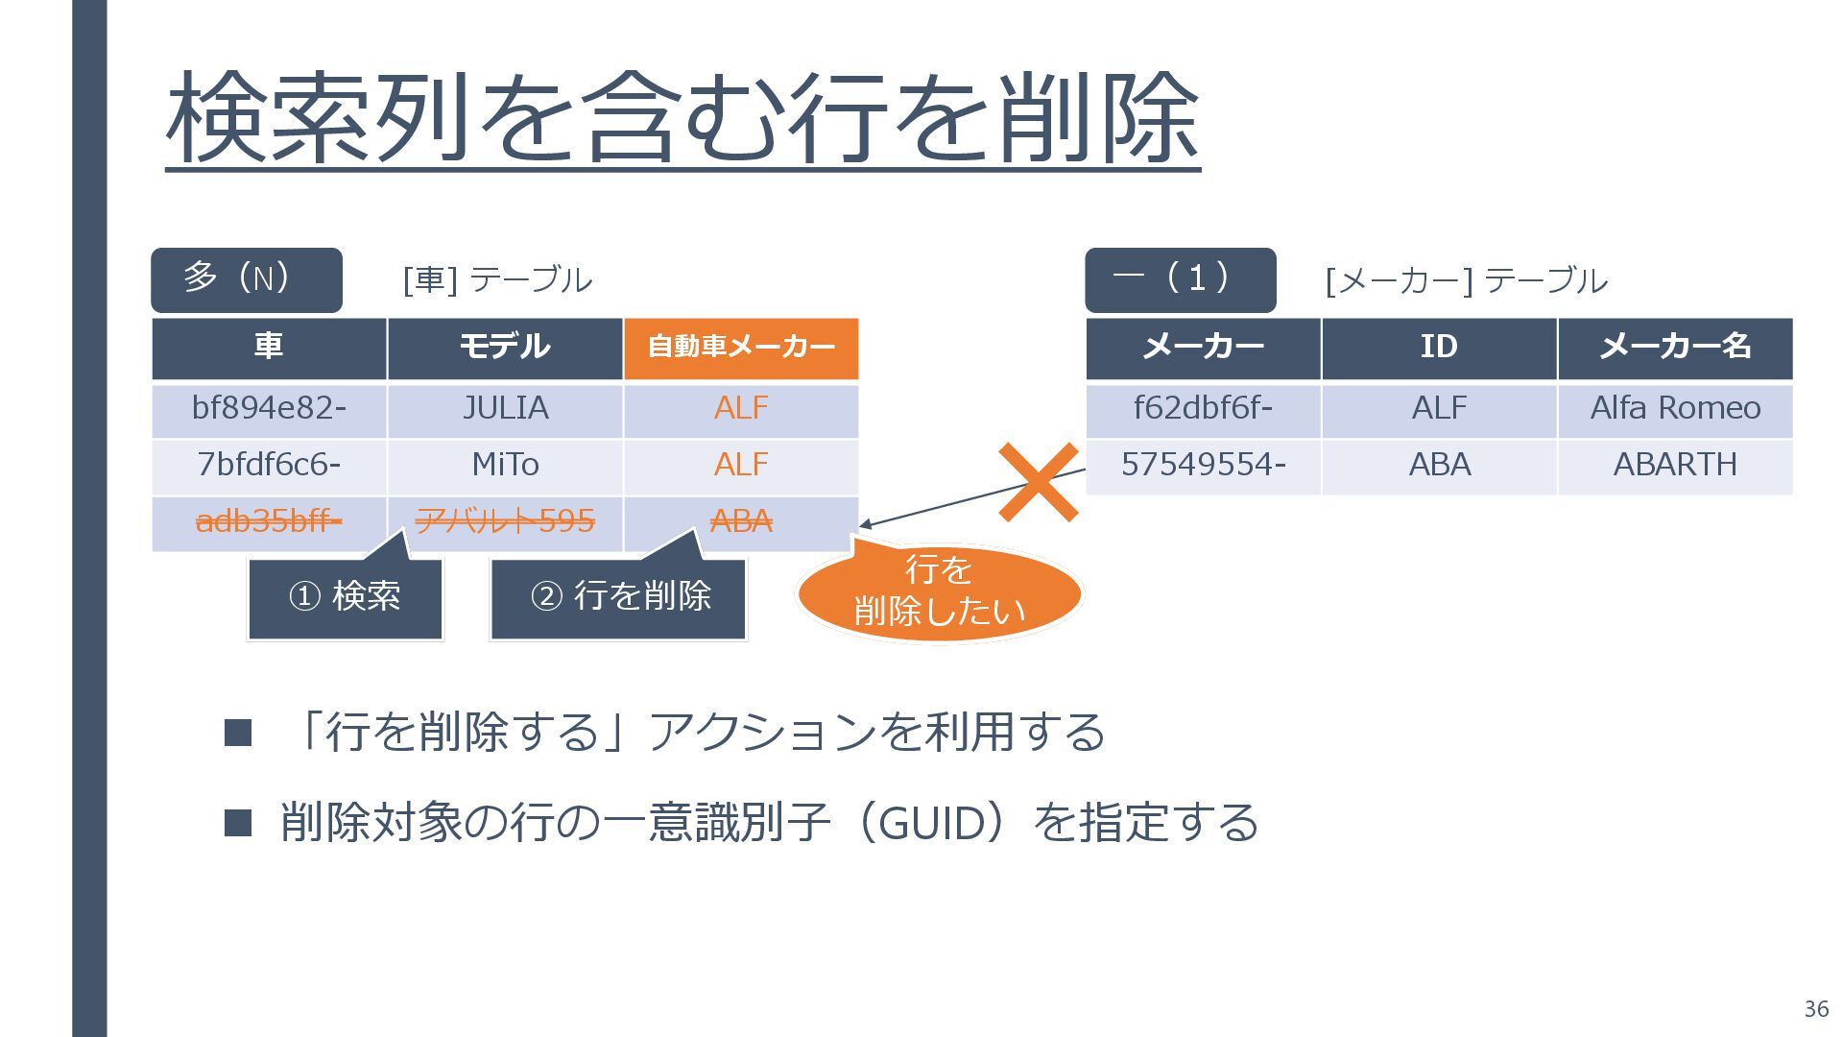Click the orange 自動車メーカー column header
741,348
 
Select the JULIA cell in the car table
505,409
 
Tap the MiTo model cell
505,466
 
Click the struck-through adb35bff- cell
269,521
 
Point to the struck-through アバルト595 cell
505,521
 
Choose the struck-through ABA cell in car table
741,521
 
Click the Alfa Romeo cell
1675,409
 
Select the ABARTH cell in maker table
1675,466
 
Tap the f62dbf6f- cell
1203,409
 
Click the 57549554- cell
1203,466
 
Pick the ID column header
1439,348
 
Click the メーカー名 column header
1675,348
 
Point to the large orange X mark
1038,482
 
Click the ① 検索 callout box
346,597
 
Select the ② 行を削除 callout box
619,597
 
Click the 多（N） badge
247,279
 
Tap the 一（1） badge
1181,279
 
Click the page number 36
1816,1009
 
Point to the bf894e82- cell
269,409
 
